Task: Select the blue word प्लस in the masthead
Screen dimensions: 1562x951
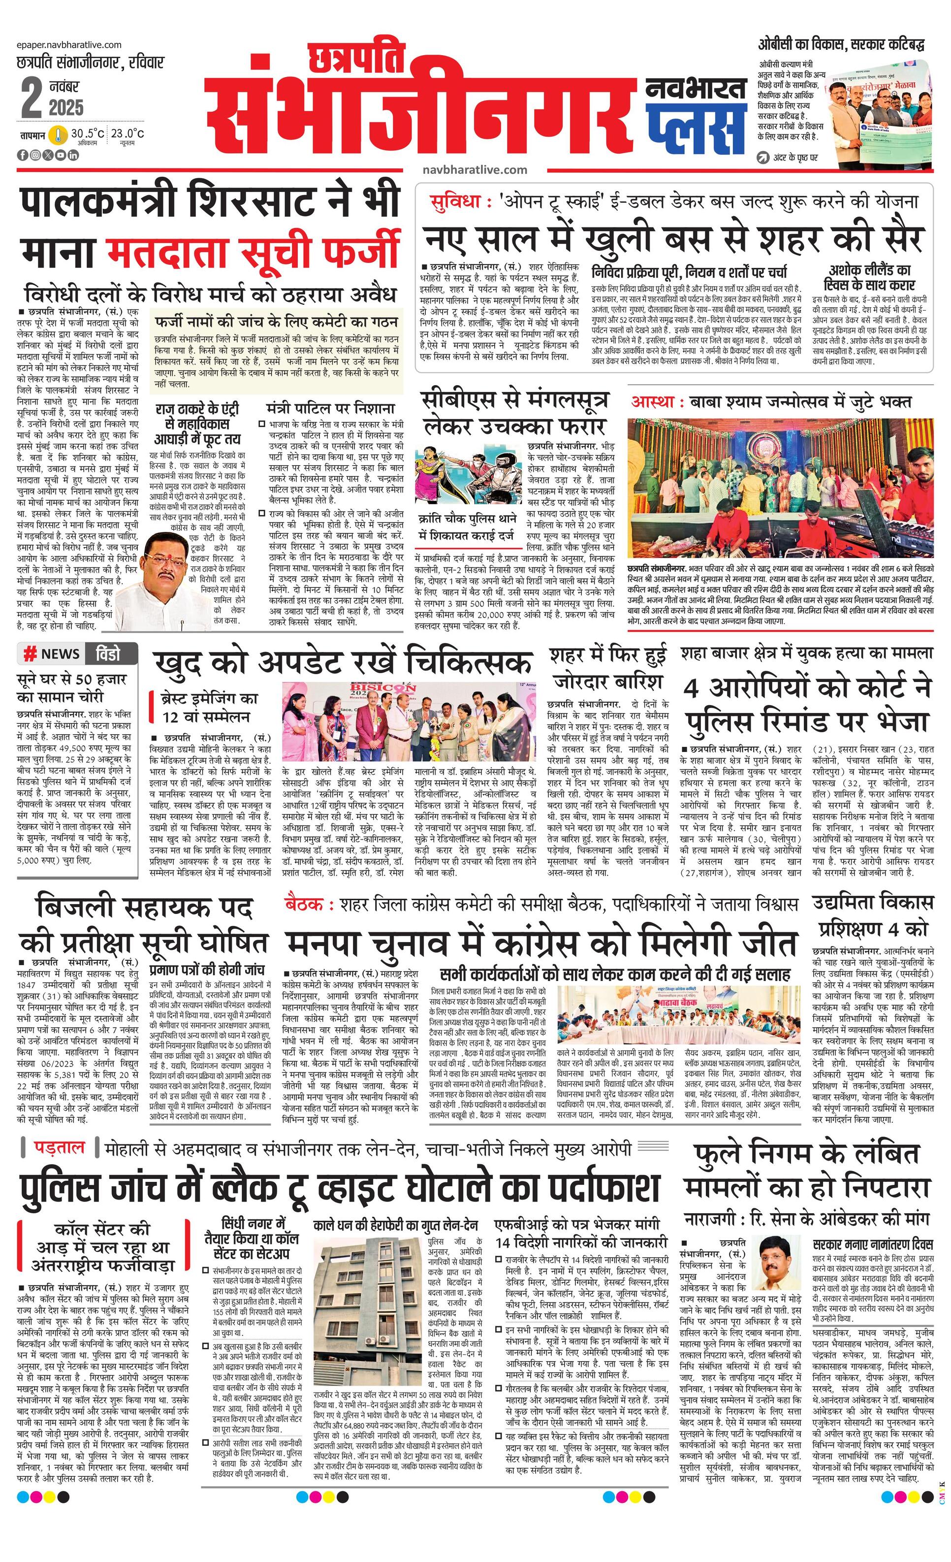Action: (695, 125)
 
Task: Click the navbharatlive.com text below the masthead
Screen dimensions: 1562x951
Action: (475, 170)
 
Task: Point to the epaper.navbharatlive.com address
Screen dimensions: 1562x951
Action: (70, 44)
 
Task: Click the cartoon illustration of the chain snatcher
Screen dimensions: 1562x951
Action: (468, 476)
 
